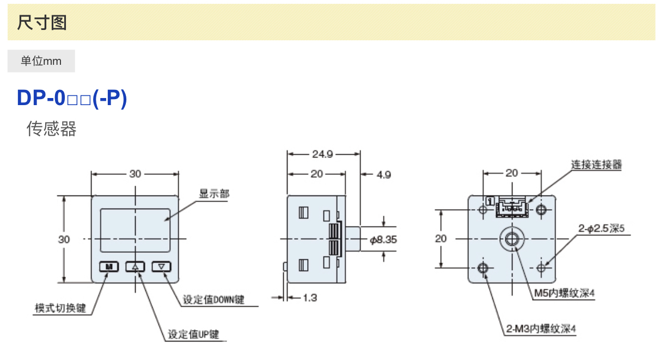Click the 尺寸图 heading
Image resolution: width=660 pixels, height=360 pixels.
tap(42, 22)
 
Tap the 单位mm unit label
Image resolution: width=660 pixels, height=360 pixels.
tap(41, 61)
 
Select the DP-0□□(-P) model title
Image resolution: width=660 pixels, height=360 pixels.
tap(72, 98)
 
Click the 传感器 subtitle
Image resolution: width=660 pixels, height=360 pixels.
tap(52, 129)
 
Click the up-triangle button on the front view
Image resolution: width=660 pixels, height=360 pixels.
tap(136, 267)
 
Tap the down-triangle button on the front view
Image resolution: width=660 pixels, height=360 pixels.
tap(161, 267)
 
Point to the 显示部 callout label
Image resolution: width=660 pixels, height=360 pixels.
tap(215, 194)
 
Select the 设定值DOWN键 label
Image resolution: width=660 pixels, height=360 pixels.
tap(213, 300)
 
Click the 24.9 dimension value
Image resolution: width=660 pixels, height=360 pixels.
tap(322, 154)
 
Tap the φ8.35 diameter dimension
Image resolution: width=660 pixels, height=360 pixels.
tap(383, 239)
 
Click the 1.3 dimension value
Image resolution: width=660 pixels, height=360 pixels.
tap(310, 297)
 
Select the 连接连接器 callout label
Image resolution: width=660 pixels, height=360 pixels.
tap(596, 164)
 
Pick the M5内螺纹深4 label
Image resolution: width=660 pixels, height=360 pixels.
tap(564, 294)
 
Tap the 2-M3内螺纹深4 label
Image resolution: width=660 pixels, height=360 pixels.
tap(541, 329)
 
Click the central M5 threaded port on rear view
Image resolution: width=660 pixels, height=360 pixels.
tap(511, 239)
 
